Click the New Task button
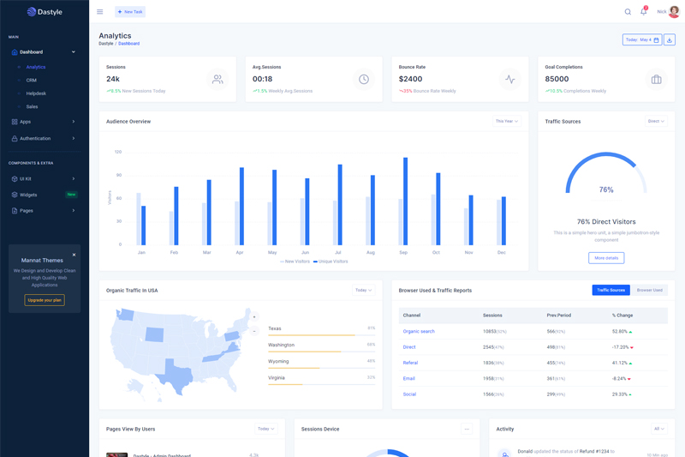130,12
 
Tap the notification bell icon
643,12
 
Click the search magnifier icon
628,12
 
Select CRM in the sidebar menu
32,80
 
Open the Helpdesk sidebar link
36,93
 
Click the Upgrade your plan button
45,300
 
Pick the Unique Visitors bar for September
405,201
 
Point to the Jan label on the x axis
141,253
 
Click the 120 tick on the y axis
118,152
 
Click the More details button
606,257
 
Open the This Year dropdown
507,122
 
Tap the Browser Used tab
649,291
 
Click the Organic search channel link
419,331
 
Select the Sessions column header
492,316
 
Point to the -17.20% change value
621,347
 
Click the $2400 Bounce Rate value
410,79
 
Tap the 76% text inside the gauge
606,189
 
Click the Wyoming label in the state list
278,361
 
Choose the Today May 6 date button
642,40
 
